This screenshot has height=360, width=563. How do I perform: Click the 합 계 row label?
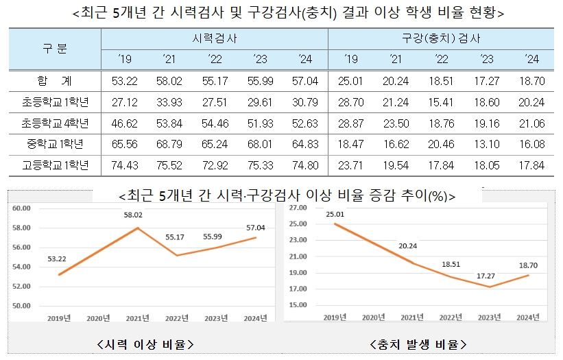pos(55,81)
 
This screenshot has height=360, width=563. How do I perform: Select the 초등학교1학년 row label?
pos(55,102)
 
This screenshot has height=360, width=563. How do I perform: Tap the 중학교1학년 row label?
pos(55,145)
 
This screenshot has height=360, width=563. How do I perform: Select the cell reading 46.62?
pos(125,123)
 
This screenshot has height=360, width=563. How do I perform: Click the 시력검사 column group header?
pos(214,38)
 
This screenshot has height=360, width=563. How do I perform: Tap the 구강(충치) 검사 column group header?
pos(441,38)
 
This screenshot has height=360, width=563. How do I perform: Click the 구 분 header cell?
pos(55,49)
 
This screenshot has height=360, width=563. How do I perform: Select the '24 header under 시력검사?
pos(304,60)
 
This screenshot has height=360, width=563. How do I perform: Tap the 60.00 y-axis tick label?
pos(23,208)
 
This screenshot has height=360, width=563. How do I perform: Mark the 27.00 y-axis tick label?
pos(298,207)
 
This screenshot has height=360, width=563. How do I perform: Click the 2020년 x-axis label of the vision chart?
pos(99,317)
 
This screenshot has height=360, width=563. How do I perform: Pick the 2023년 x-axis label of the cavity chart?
pos(488,317)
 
